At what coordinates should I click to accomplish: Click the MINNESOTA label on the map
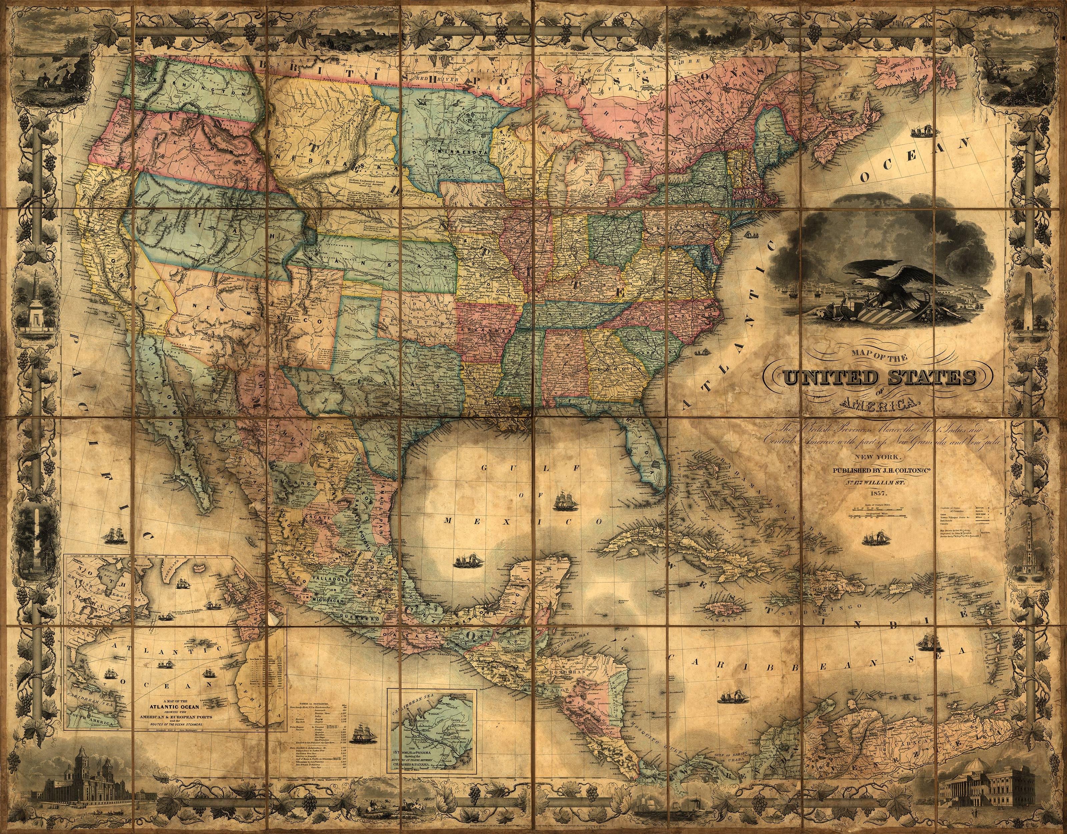click(454, 151)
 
